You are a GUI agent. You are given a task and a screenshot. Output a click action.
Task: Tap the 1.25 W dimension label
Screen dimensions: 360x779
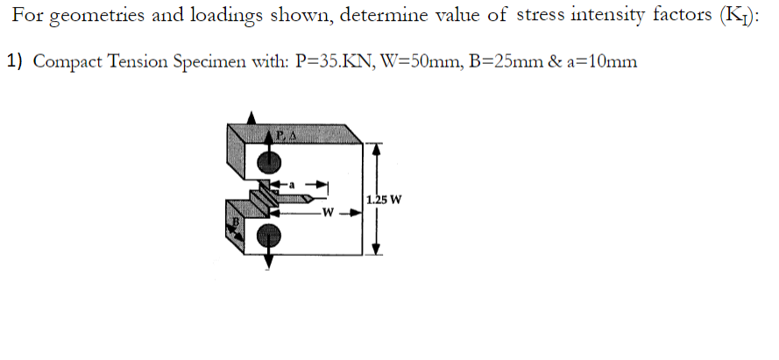click(x=385, y=199)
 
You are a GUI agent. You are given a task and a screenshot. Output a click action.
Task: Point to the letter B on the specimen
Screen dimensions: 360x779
click(x=234, y=225)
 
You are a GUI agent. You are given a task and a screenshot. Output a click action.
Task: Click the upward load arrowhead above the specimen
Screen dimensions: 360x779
click(x=253, y=117)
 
